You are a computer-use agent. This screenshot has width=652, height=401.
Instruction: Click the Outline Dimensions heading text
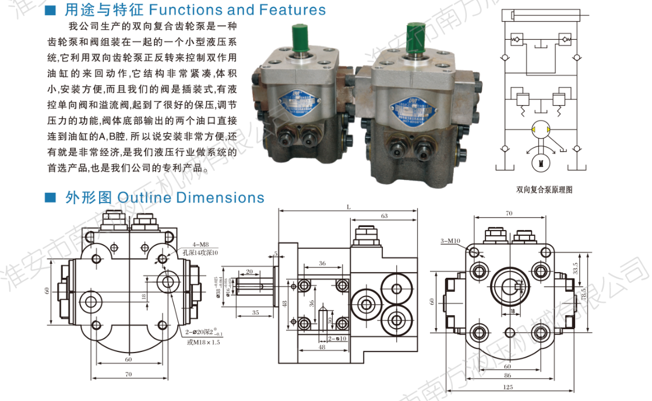coord(191,197)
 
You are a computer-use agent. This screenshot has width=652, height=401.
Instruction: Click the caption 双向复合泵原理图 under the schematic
coord(545,189)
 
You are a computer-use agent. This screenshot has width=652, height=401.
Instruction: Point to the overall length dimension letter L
coord(348,207)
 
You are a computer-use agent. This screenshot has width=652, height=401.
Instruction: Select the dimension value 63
coord(385,216)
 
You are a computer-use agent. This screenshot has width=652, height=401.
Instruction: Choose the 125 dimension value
coord(509,387)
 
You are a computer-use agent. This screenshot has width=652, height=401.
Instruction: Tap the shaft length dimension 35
coord(255,313)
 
